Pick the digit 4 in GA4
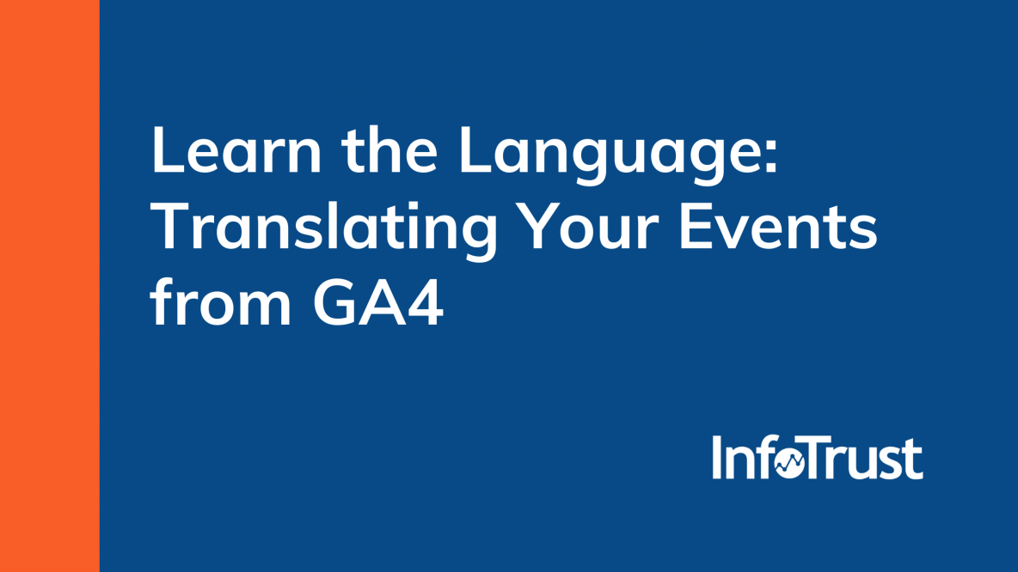point(424,302)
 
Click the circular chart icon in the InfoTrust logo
point(789,465)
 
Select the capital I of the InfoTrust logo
point(717,458)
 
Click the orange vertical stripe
point(49,286)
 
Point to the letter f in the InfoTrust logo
point(763,457)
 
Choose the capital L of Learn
point(168,153)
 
